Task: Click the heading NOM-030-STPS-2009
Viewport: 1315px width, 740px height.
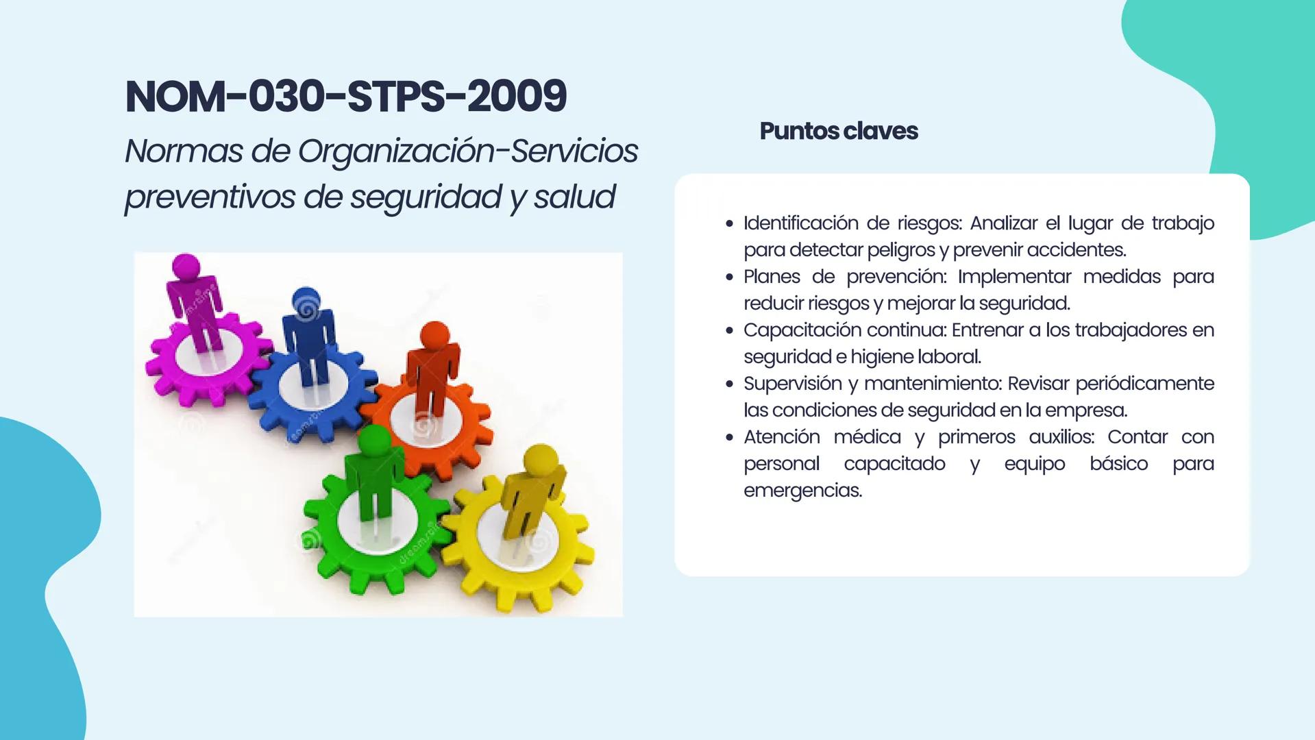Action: pos(346,96)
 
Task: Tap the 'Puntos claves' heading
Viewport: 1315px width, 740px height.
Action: pos(838,131)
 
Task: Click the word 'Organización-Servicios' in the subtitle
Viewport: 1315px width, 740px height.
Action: pos(468,151)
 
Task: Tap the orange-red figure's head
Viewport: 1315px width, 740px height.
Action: pos(434,336)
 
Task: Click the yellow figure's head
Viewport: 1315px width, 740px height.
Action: pos(541,460)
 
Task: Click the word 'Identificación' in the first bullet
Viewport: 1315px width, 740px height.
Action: pos(800,223)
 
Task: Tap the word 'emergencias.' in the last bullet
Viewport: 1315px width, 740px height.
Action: pos(802,491)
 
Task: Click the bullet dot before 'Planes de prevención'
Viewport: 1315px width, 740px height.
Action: pos(729,277)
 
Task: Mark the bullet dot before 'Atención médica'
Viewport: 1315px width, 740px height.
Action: pos(729,438)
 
